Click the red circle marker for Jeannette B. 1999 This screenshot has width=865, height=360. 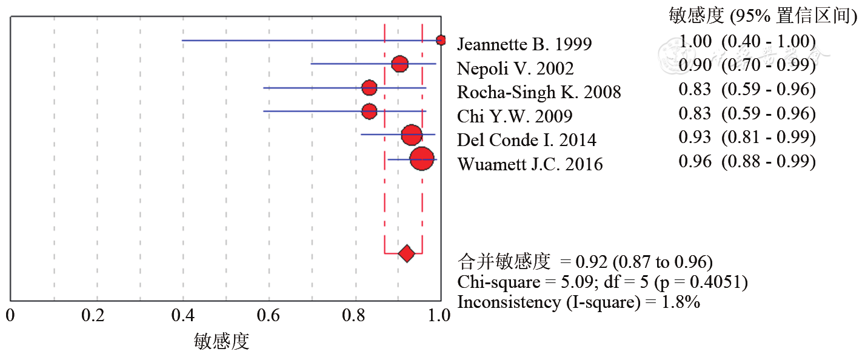click(x=441, y=40)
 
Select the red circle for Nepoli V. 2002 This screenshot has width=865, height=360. click(x=399, y=64)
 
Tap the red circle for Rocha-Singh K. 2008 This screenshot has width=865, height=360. click(x=369, y=88)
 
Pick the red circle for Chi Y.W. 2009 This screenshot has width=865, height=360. click(x=369, y=112)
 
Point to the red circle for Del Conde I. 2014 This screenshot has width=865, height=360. click(x=412, y=135)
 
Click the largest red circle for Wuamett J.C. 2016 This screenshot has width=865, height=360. click(x=422, y=159)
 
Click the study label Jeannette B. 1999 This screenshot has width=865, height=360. click(x=524, y=44)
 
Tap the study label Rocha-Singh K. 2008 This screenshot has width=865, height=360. click(x=539, y=92)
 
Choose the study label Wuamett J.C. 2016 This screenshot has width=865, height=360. click(x=530, y=164)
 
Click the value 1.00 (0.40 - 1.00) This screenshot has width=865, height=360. click(x=747, y=42)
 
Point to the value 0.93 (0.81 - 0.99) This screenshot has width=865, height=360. click(x=747, y=138)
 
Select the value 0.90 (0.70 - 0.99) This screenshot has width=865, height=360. click(x=747, y=65)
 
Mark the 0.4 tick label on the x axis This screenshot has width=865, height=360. click(x=183, y=316)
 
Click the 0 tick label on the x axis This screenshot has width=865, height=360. click(x=10, y=316)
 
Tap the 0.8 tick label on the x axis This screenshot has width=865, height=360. click(x=355, y=316)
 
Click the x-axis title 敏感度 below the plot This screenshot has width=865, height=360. click(x=222, y=342)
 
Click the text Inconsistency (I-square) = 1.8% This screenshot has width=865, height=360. click(x=579, y=302)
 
